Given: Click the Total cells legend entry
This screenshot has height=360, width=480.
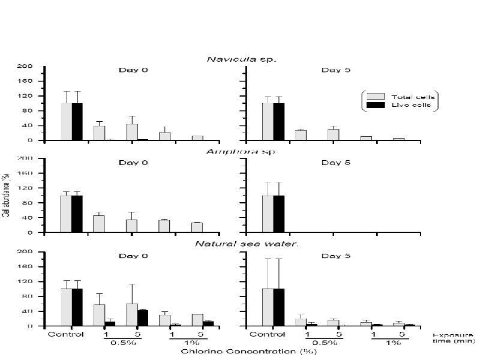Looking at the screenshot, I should point(405,97).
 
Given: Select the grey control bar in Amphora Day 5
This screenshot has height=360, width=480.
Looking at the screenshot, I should point(268,214).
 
